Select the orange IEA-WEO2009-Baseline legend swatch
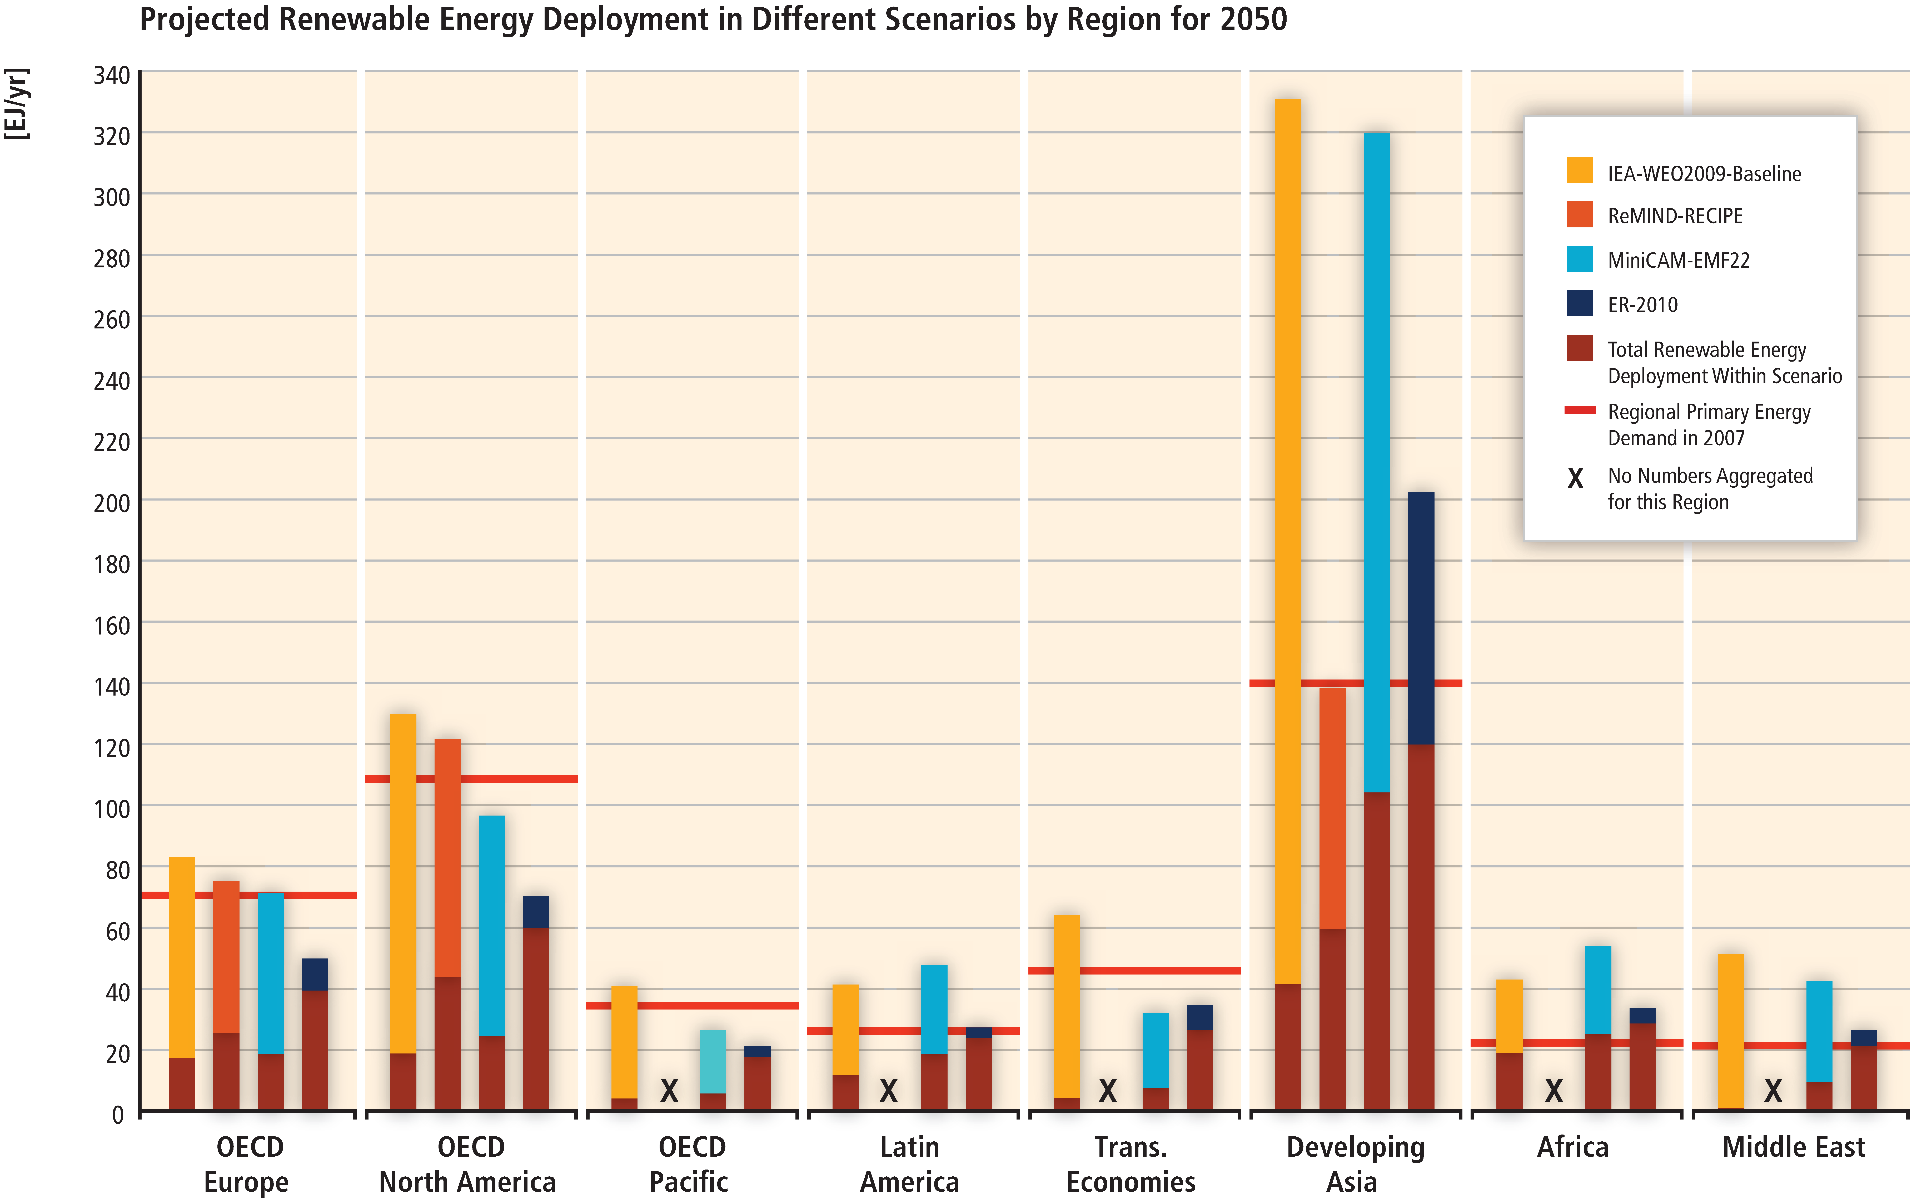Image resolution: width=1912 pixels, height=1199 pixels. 1579,171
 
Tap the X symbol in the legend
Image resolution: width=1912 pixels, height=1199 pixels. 1575,478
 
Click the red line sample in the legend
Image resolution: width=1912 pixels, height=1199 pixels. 1579,410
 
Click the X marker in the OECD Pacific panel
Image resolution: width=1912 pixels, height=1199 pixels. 669,1091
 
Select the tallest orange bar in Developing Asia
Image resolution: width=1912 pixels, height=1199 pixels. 1288,539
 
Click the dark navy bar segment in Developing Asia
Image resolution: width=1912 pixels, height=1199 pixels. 1420,618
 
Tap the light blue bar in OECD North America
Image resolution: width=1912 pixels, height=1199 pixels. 492,924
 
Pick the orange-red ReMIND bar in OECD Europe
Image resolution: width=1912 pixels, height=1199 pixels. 226,956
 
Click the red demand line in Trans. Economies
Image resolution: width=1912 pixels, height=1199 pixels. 1134,971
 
